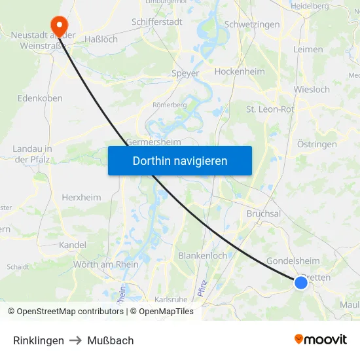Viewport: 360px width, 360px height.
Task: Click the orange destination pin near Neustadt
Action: [x=59, y=25]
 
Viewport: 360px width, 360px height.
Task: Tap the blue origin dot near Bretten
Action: [x=301, y=282]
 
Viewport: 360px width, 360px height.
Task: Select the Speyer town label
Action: [x=185, y=73]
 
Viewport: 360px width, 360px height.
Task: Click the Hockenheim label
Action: [x=239, y=72]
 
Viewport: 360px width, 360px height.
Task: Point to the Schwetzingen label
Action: [x=252, y=24]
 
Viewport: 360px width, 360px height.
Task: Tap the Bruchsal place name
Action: [x=264, y=213]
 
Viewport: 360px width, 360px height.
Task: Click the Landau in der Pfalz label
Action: [x=32, y=154]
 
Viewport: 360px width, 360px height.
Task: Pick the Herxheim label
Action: [x=81, y=197]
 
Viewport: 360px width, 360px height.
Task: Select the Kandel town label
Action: [x=72, y=245]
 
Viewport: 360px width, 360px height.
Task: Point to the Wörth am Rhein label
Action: [x=105, y=264]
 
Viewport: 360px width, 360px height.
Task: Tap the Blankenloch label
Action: [x=202, y=255]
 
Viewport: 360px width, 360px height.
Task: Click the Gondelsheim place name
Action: [x=289, y=261]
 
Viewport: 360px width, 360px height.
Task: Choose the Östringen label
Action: [x=317, y=144]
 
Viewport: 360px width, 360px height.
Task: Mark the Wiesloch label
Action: [x=312, y=89]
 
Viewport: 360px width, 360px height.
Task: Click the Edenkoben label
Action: [x=40, y=98]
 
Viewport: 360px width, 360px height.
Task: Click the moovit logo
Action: [x=321, y=340]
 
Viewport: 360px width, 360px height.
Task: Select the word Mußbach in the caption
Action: [x=111, y=340]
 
